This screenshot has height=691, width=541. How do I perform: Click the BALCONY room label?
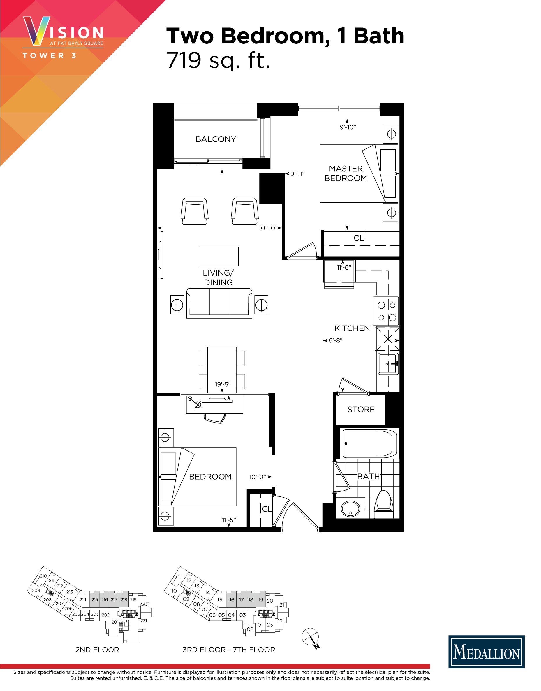[x=216, y=139]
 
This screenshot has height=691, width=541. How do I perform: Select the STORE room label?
[x=361, y=410]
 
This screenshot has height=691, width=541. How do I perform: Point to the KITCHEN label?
[x=352, y=328]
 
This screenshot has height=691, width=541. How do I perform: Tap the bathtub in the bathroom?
[x=369, y=443]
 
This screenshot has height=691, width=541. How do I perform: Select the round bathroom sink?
[x=350, y=508]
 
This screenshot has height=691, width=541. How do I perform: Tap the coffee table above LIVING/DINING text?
[x=219, y=256]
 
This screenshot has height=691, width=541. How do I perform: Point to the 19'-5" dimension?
[x=223, y=384]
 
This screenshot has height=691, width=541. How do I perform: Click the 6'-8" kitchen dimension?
[x=335, y=340]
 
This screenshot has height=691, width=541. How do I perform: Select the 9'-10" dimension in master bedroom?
[x=348, y=127]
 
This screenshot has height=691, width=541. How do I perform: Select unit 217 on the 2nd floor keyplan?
[x=114, y=599]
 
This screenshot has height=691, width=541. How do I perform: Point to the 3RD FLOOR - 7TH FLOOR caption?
[x=229, y=650]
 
